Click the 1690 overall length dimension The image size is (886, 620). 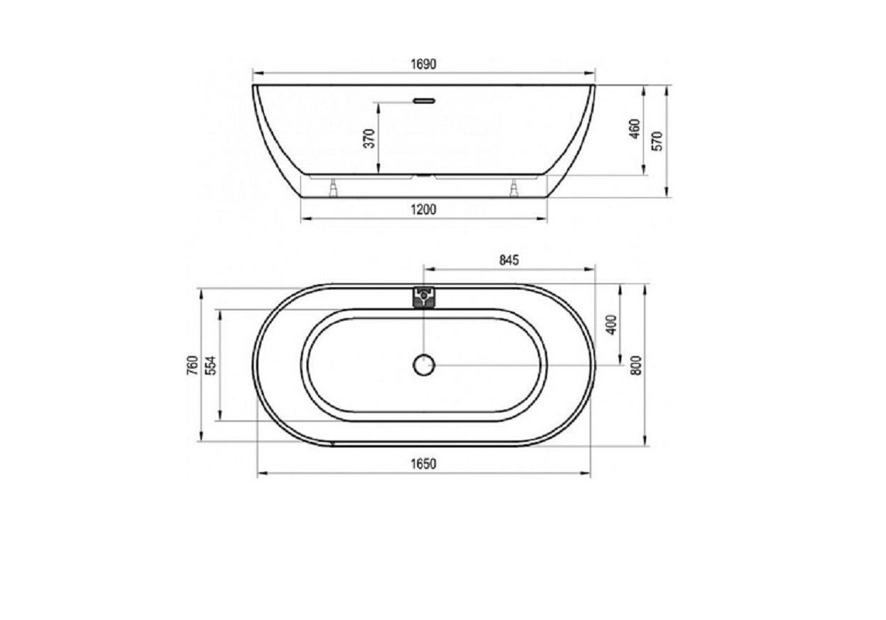tap(423, 64)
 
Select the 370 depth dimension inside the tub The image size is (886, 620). tap(369, 139)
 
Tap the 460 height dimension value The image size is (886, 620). tap(635, 129)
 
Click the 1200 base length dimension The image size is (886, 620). tap(423, 209)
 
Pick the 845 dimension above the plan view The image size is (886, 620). tap(508, 261)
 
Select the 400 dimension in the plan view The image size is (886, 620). tap(611, 324)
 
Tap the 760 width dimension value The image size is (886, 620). tap(192, 365)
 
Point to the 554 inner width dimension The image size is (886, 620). tap(210, 365)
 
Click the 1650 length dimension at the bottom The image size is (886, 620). tap(423, 464)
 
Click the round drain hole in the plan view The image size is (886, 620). tap(424, 365)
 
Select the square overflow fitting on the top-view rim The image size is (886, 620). tap(424, 296)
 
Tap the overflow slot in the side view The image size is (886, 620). tap(424, 100)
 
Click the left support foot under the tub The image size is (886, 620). tap(334, 188)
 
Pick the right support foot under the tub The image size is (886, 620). tap(513, 188)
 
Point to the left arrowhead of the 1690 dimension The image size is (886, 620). tap(256, 74)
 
